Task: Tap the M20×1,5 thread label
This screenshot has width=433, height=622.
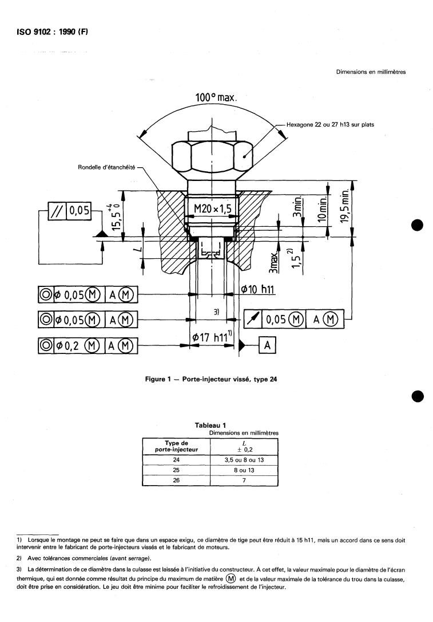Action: coord(212,209)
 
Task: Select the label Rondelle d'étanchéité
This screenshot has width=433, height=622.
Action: coord(106,167)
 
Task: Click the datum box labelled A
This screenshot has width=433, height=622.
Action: coord(267,345)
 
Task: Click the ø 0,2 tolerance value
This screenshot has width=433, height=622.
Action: coord(78,345)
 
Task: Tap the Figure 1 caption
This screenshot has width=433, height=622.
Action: coord(216,379)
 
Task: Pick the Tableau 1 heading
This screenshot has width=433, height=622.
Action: coord(210,425)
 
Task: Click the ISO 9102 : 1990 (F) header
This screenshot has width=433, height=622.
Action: coord(48,32)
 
